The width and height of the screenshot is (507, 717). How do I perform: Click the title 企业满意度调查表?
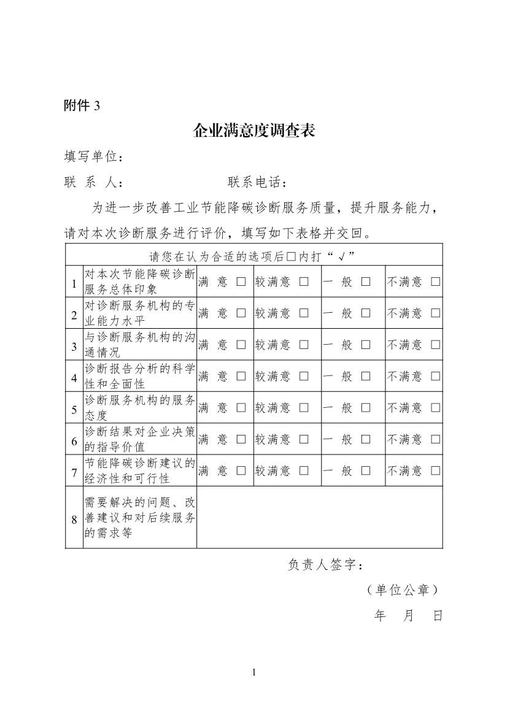pyautogui.click(x=253, y=131)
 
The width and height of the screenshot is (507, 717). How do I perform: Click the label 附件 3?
pyautogui.click(x=82, y=105)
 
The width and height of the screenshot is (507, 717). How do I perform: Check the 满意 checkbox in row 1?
pyautogui.click(x=241, y=282)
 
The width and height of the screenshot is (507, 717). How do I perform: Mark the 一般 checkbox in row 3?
pyautogui.click(x=366, y=345)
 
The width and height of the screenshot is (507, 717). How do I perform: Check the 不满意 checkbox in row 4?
pyautogui.click(x=436, y=376)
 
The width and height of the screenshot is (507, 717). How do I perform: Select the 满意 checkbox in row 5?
pyautogui.click(x=241, y=408)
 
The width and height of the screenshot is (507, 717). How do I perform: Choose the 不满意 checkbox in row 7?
pyautogui.click(x=436, y=471)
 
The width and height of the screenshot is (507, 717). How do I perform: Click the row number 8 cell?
pyautogui.click(x=74, y=519)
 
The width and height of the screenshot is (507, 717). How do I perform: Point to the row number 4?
pyautogui.click(x=74, y=377)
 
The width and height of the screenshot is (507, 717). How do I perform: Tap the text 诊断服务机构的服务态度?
pyautogui.click(x=139, y=407)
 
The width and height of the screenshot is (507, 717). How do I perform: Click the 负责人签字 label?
pyautogui.click(x=328, y=565)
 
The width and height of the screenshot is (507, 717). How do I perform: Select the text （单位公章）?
pyautogui.click(x=401, y=590)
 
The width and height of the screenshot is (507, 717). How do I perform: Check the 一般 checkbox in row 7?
pyautogui.click(x=366, y=471)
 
